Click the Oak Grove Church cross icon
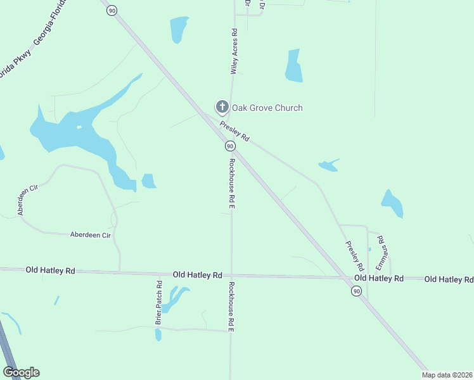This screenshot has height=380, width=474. [x=222, y=107]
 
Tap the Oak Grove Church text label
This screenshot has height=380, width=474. [x=267, y=108]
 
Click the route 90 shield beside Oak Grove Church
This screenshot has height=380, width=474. [x=230, y=146]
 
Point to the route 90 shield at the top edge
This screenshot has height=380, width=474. [x=112, y=10]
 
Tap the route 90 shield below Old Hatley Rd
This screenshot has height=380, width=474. [x=357, y=291]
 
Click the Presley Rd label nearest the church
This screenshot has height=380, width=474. [x=235, y=131]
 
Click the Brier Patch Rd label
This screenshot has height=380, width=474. [x=160, y=303]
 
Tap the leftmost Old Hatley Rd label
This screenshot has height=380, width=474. [x=50, y=270]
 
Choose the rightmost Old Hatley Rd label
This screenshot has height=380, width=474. [x=449, y=279]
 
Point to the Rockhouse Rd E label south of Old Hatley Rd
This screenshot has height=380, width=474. [x=232, y=307]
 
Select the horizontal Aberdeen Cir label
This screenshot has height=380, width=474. [x=91, y=234]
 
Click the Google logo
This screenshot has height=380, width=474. [x=21, y=372]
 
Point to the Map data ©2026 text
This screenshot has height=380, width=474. [x=447, y=375]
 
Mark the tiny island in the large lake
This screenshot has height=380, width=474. [x=79, y=127]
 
